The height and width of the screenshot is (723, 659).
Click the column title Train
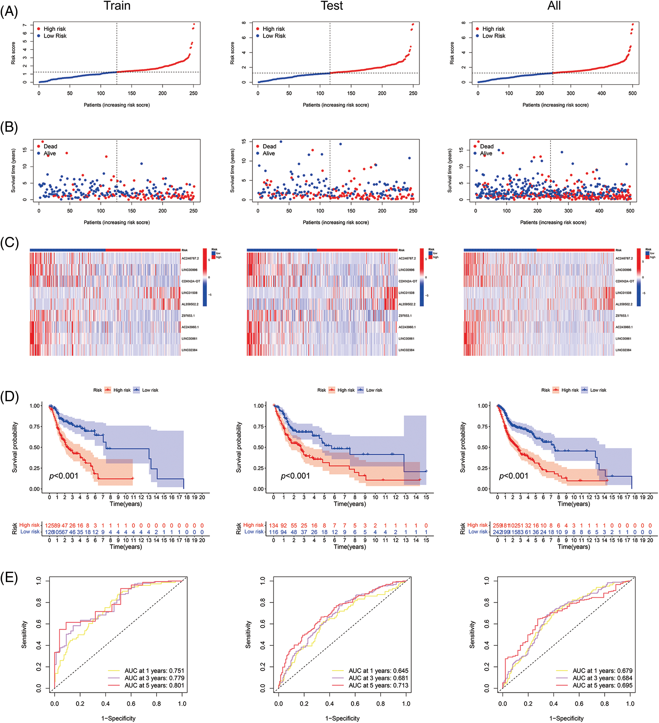click(x=117, y=6)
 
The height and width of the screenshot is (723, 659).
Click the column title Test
click(x=332, y=6)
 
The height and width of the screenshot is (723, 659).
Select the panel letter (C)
click(x=9, y=243)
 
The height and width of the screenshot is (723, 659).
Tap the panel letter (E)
click(x=9, y=578)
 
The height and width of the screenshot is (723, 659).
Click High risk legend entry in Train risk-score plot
click(x=55, y=29)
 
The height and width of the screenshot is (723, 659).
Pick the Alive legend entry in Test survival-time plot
click(x=269, y=153)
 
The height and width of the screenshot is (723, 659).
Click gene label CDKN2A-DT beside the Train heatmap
click(x=191, y=281)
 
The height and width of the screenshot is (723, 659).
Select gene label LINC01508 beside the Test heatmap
click(x=407, y=293)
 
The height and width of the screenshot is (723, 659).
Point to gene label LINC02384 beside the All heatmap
click(x=624, y=350)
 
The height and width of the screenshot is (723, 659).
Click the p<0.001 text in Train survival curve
click(x=64, y=476)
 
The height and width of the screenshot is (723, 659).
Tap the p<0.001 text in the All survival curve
click(x=514, y=476)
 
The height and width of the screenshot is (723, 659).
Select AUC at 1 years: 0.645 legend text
click(x=378, y=671)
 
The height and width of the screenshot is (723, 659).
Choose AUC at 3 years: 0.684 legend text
click(x=602, y=678)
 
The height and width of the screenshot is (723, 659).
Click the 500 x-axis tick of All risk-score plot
click(x=633, y=93)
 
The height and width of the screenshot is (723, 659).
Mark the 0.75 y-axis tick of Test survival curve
click(x=259, y=426)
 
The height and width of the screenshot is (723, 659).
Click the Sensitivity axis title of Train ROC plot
click(x=24, y=635)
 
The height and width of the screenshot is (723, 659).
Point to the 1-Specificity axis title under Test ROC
click(x=342, y=718)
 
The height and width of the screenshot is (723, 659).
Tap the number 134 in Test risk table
click(x=274, y=525)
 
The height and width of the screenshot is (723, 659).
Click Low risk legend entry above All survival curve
click(x=598, y=390)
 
